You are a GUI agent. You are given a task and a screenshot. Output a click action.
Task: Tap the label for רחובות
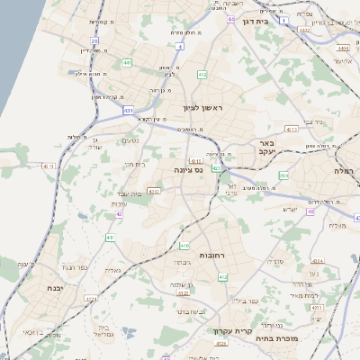coord(209,256)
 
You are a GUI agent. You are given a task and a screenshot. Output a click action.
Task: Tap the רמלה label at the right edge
coord(346,169)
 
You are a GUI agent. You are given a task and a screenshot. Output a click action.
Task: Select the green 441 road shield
coord(127,62)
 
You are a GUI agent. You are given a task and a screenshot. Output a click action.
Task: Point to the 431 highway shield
coord(130,110)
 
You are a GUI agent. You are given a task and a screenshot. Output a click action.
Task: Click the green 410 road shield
coord(184,245)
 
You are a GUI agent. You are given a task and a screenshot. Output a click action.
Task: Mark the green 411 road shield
coord(109,237)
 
